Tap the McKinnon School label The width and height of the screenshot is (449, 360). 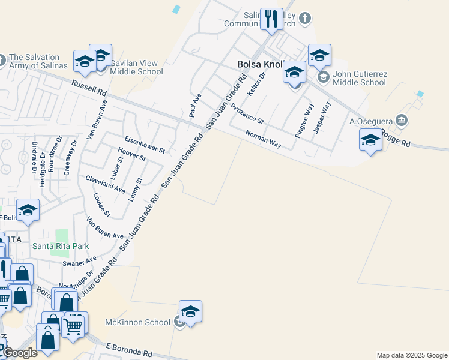pos(138,322)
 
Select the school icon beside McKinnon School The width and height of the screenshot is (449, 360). pos(190,311)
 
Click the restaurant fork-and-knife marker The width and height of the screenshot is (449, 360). pos(271,19)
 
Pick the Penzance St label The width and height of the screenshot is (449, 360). pos(247,112)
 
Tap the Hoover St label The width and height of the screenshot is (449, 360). pos(131,154)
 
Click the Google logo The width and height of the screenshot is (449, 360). pos(19,353)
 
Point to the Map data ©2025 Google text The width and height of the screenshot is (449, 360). pos(412,355)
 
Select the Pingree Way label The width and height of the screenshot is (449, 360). pos(304,121)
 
